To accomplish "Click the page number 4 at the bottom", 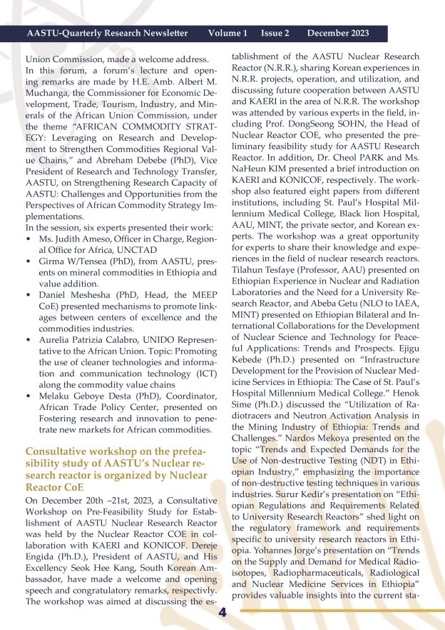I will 222,613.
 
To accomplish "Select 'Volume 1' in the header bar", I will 227,34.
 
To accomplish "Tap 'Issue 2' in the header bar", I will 275,34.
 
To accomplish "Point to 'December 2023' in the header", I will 338,34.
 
